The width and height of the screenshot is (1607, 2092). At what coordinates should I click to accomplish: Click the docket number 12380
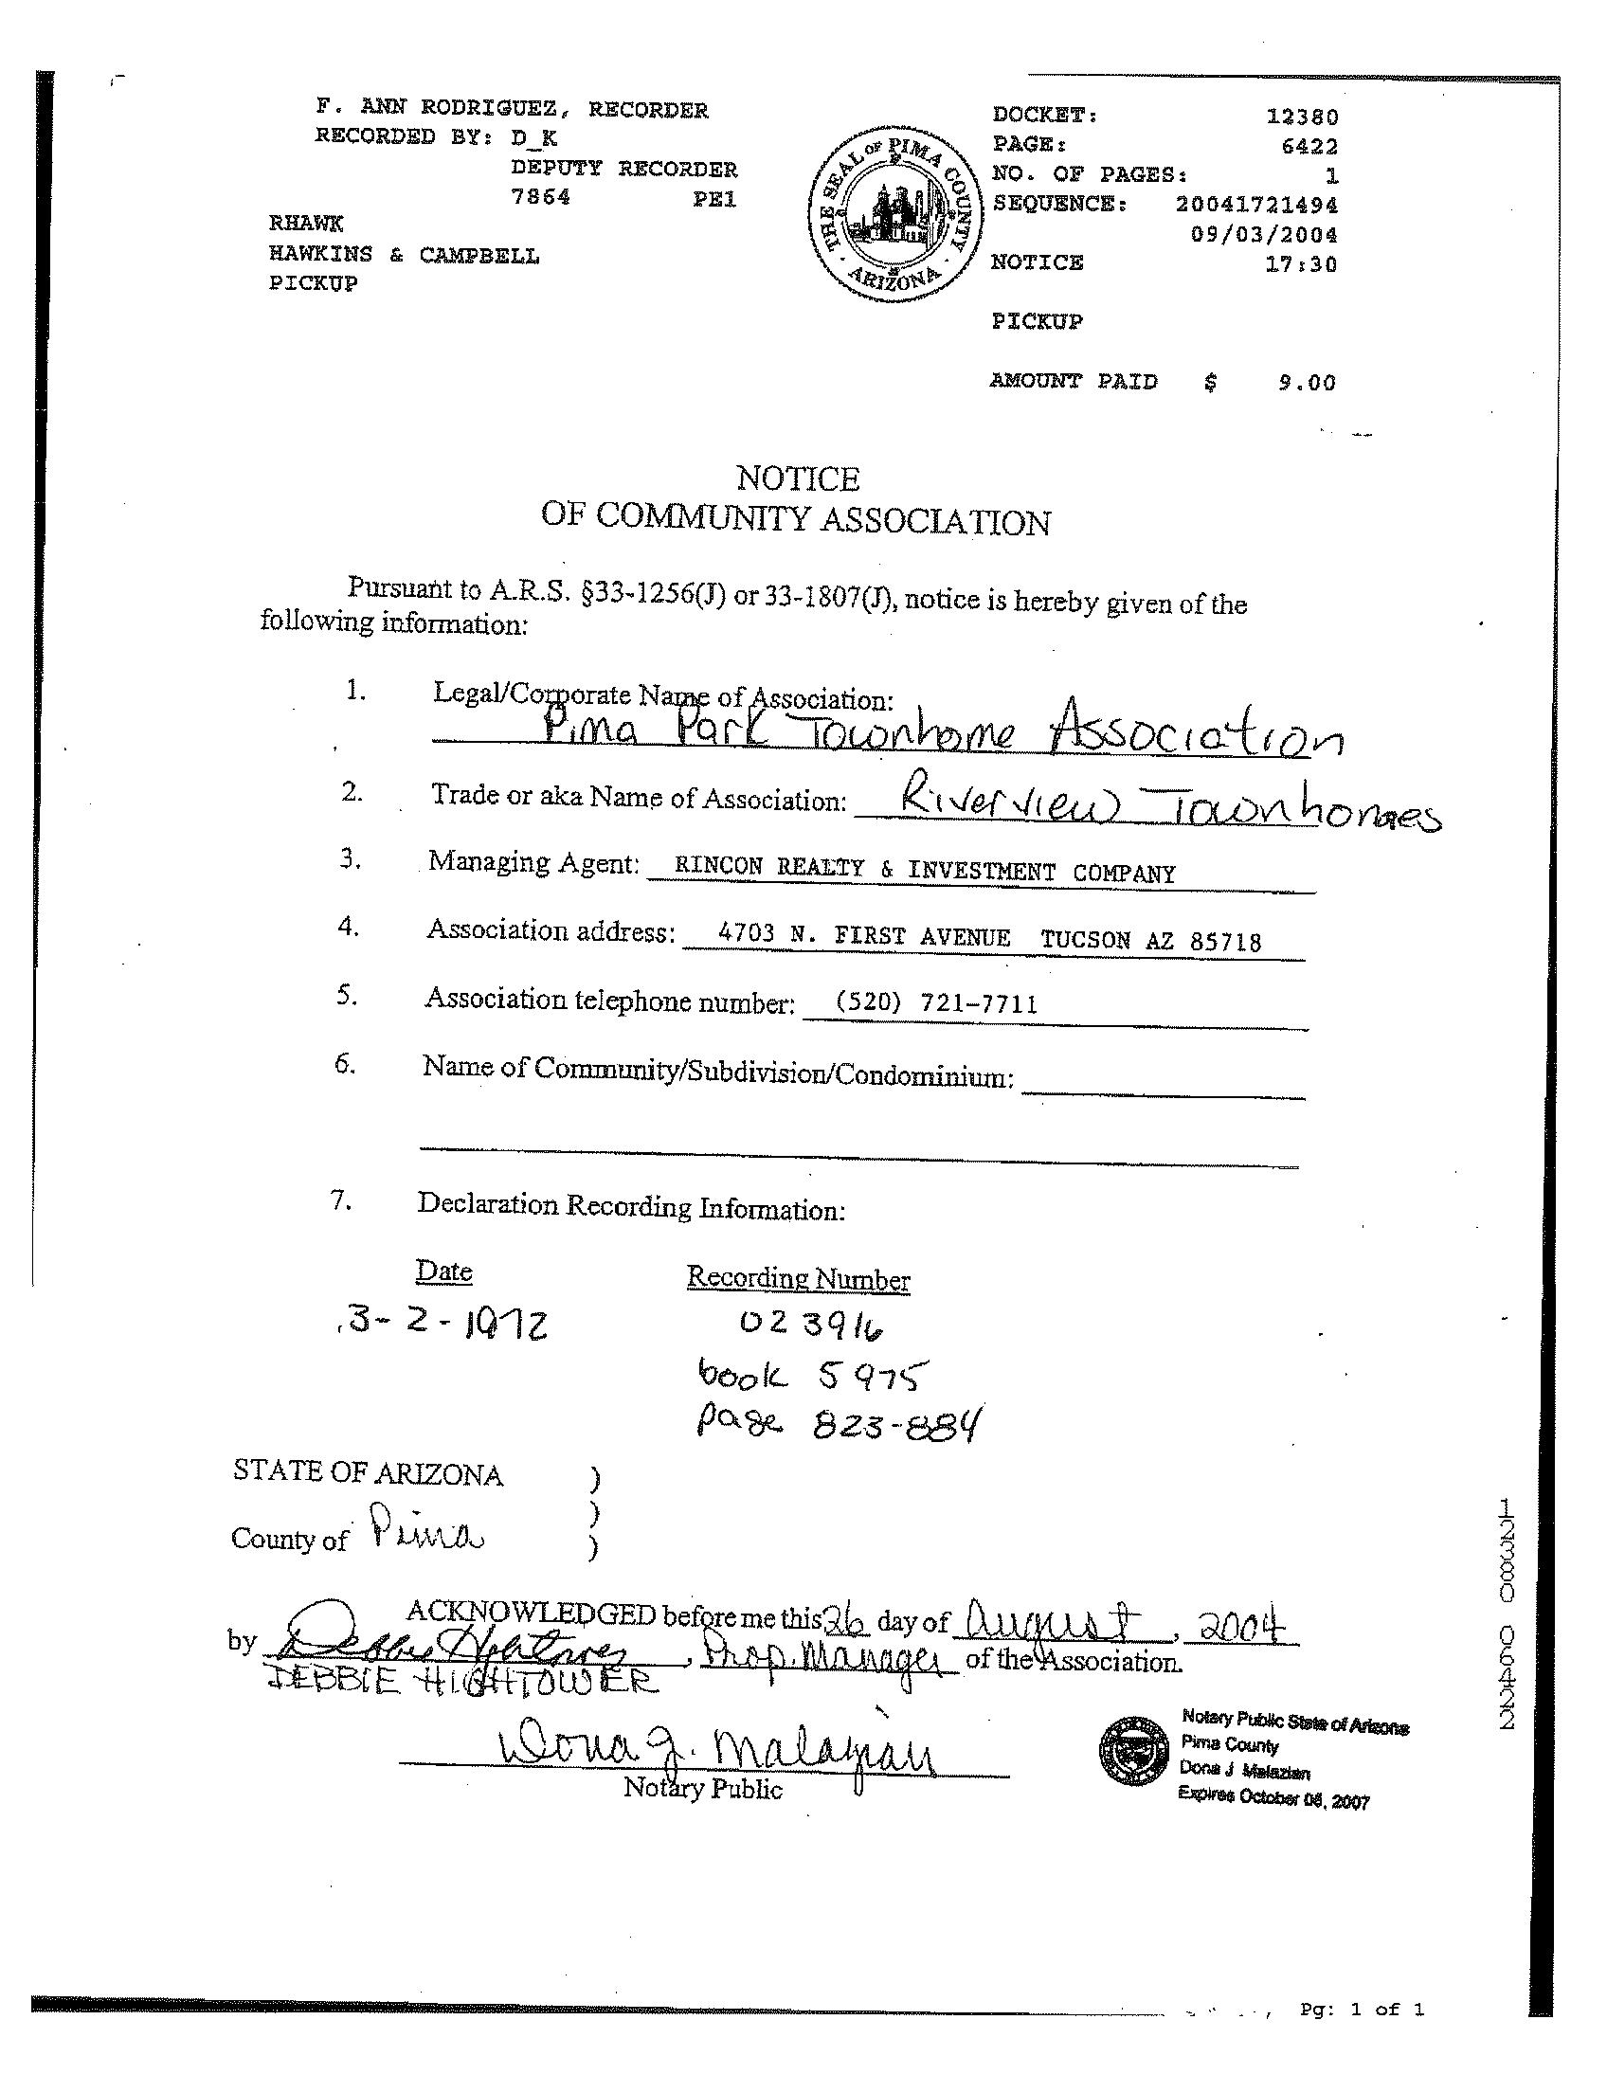(1302, 117)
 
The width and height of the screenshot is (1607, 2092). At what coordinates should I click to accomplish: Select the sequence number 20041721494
(1256, 205)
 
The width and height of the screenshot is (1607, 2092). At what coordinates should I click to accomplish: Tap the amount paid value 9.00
(1307, 384)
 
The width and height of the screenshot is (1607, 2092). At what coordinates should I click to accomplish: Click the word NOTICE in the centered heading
(798, 478)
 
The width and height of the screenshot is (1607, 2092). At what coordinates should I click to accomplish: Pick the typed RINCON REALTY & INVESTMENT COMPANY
(924, 872)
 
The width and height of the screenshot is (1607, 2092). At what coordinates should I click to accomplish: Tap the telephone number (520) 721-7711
(935, 1003)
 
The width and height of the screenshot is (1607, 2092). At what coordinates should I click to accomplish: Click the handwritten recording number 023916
(810, 1325)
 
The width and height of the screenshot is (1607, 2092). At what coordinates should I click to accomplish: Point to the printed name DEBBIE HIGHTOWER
(460, 1681)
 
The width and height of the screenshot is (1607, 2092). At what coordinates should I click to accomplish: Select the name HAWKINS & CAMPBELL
(404, 256)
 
